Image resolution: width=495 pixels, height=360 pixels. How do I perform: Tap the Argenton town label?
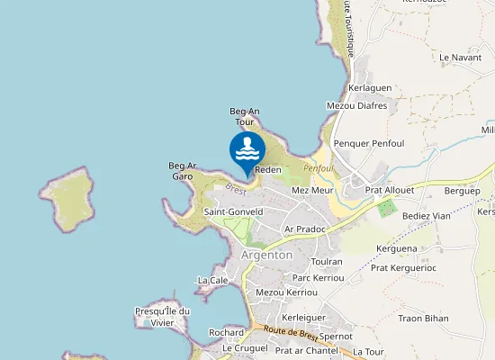click(267, 255)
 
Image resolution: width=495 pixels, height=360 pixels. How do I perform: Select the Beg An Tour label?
click(245, 116)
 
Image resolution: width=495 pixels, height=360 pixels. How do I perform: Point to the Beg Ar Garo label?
click(182, 170)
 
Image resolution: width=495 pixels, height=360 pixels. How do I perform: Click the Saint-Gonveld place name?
click(233, 212)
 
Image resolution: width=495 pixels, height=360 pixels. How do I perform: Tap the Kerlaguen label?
click(369, 89)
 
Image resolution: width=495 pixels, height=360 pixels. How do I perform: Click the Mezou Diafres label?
click(356, 105)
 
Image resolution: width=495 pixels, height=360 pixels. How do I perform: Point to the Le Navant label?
click(461, 57)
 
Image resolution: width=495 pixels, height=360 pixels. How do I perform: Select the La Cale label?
click(212, 280)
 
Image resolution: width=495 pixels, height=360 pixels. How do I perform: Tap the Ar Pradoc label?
click(303, 229)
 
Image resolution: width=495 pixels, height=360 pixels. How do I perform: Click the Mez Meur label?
click(313, 191)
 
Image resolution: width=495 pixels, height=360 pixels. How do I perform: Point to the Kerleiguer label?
click(302, 318)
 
